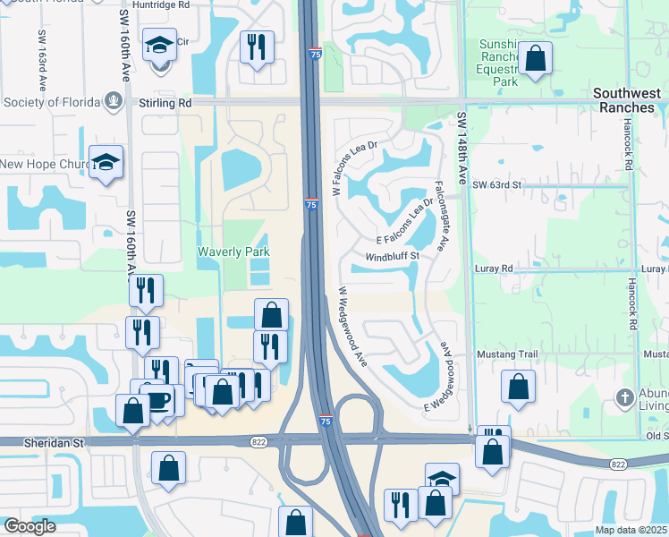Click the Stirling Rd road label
tap(165, 103)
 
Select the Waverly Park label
tap(233, 252)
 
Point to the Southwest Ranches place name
tap(629, 100)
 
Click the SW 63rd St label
tap(496, 184)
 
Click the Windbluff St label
tap(392, 256)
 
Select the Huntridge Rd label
tap(161, 4)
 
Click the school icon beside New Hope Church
tap(106, 162)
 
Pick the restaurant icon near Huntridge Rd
tap(258, 47)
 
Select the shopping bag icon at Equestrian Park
tap(535, 59)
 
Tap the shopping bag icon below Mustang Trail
tap(519, 387)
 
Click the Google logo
tap(30, 526)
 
